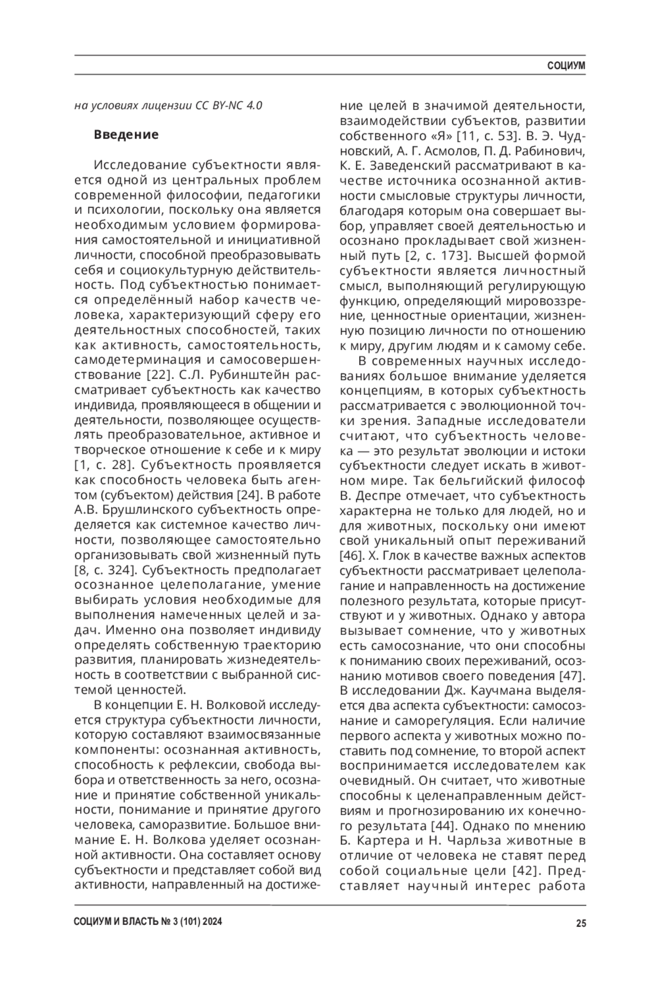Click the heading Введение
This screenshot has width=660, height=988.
pyautogui.click(x=126, y=135)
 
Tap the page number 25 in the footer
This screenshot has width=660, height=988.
pyautogui.click(x=581, y=923)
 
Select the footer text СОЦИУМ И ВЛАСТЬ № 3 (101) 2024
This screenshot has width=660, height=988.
pyautogui.click(x=148, y=923)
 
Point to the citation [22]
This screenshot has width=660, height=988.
pyautogui.click(x=161, y=376)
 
